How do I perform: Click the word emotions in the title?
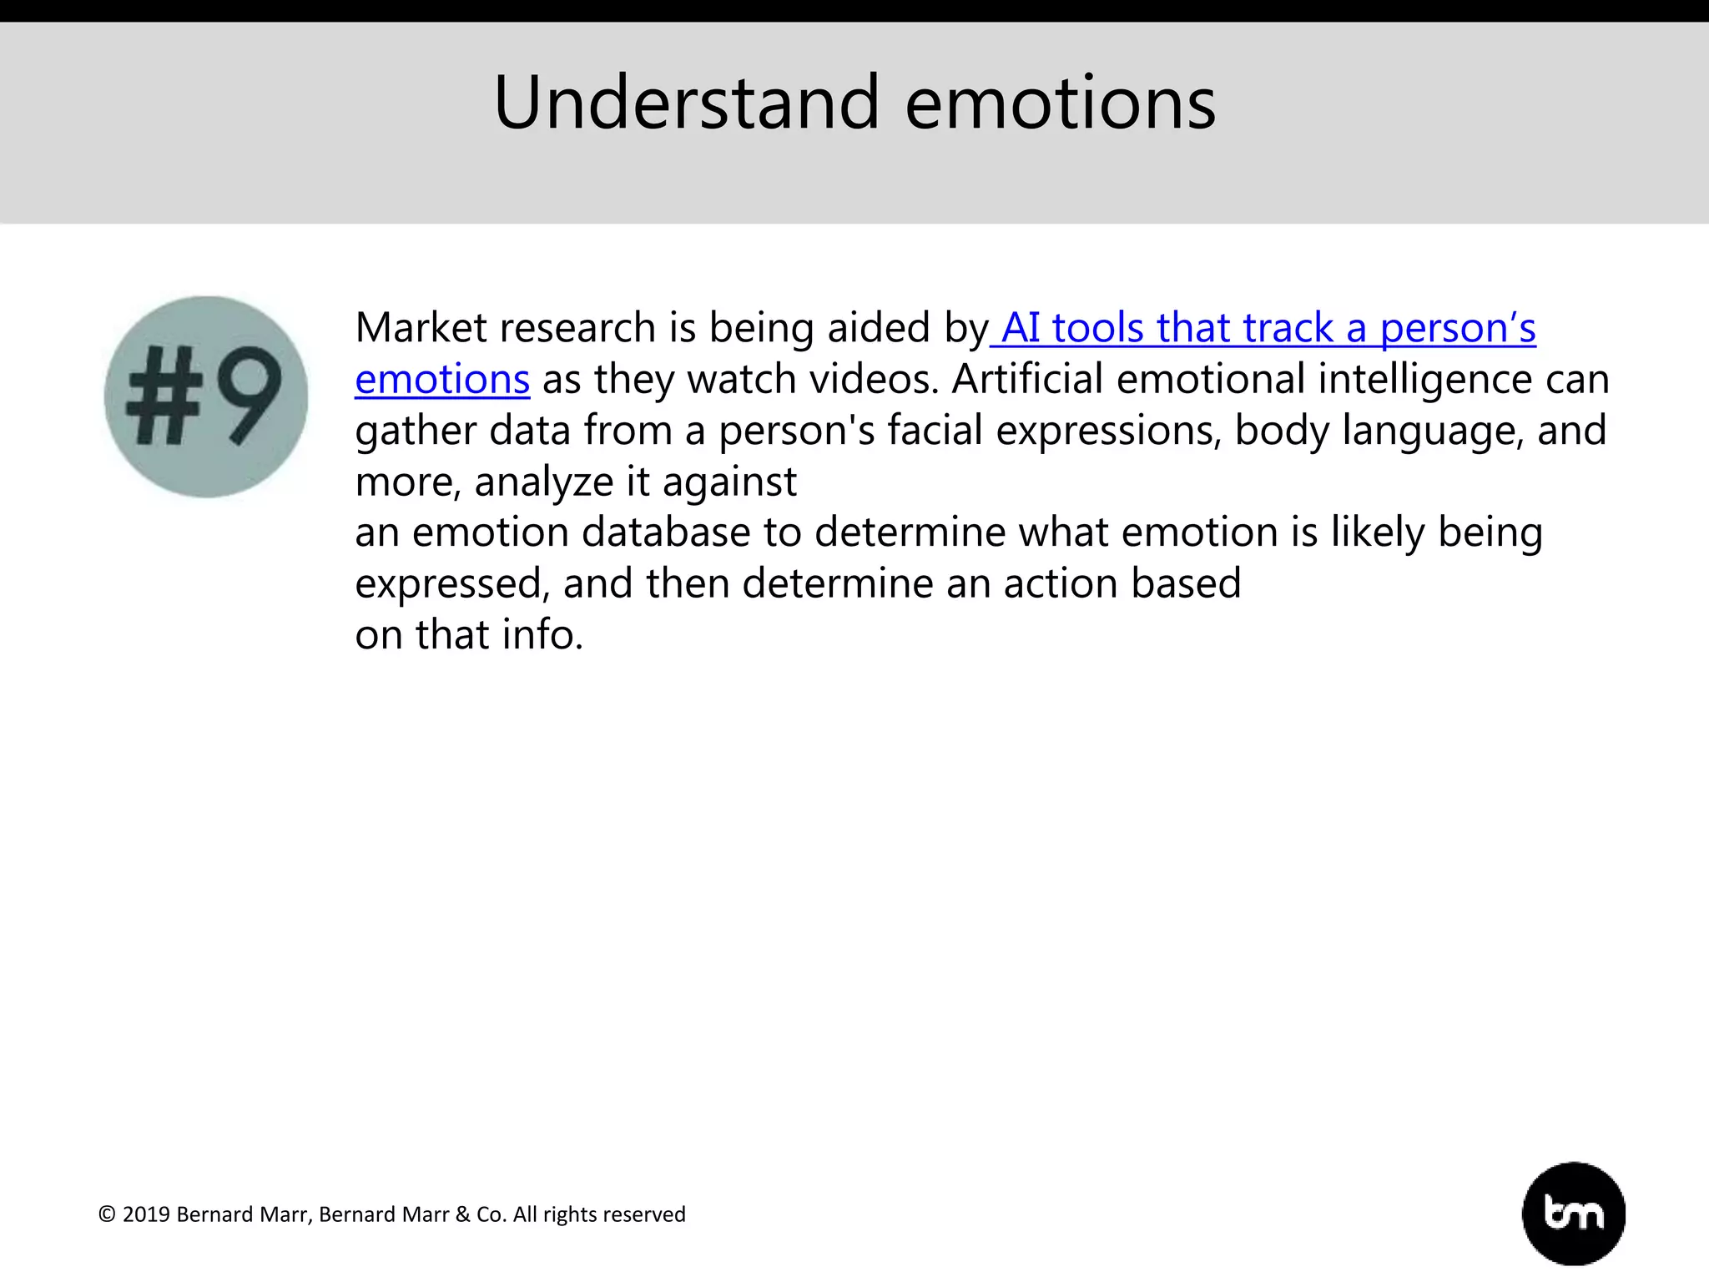(1060, 104)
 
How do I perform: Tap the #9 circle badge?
(206, 396)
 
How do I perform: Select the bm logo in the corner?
(1573, 1213)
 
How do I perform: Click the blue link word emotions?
(442, 380)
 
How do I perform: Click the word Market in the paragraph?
(421, 328)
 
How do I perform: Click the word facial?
(935, 431)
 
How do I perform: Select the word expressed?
(451, 585)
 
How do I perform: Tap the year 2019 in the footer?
(146, 1214)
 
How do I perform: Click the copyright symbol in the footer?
(107, 1214)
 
